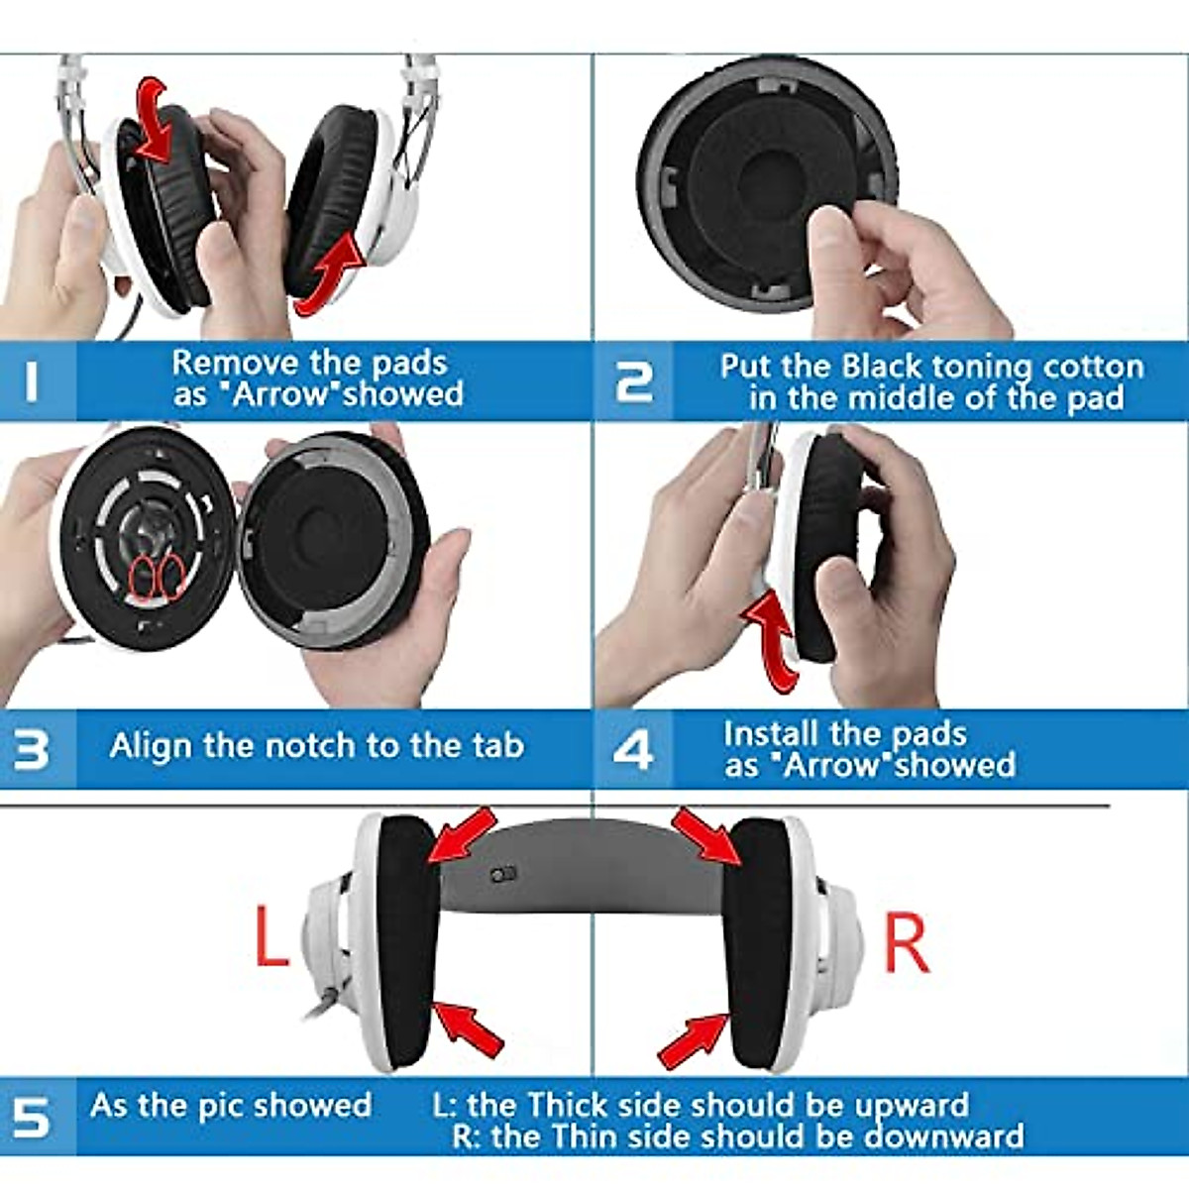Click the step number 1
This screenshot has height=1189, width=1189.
coord(32,381)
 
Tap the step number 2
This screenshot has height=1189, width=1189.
coord(634,381)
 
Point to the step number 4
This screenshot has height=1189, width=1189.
coord(633,750)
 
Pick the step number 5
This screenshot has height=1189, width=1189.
coord(32,1118)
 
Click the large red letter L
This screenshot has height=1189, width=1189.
coord(270,936)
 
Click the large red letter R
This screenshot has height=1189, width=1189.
coord(906,943)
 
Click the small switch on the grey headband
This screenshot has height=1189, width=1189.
coord(503,875)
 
